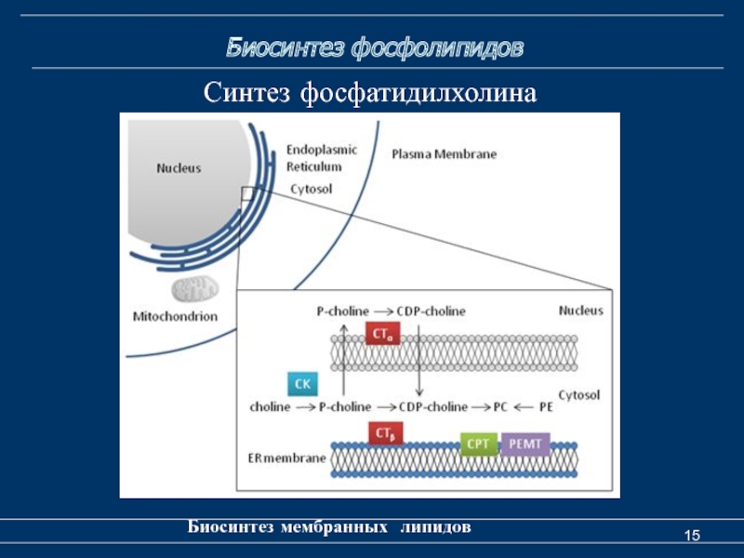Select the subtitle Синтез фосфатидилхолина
(371, 93)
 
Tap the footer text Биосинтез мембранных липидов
(330, 527)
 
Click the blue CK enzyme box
(303, 383)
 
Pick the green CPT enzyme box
(478, 444)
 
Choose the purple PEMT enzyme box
(525, 444)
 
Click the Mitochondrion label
(175, 316)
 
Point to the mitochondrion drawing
(194, 289)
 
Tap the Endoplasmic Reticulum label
(314, 157)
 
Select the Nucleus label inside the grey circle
(179, 168)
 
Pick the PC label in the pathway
(500, 407)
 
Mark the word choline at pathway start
(270, 407)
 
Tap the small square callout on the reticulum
(247, 193)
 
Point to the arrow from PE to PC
(523, 407)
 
